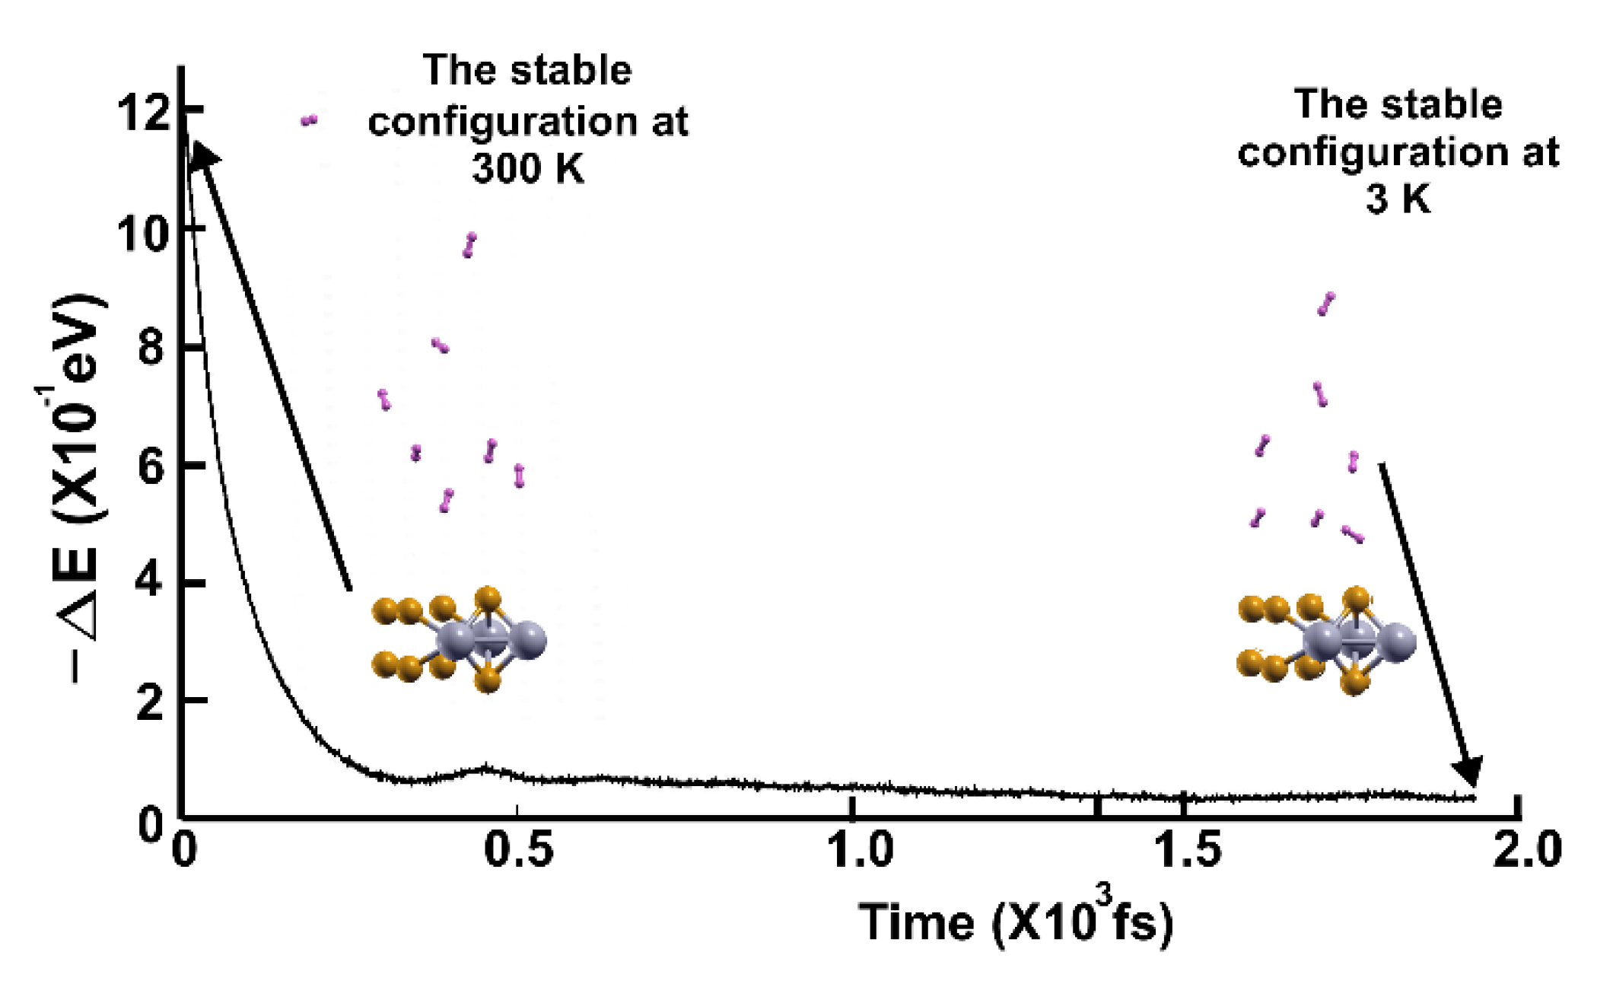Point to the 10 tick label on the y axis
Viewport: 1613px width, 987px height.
click(x=143, y=232)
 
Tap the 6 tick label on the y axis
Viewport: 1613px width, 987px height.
click(x=151, y=466)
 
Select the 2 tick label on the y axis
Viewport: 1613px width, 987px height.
click(x=151, y=702)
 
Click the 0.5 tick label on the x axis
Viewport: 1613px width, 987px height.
click(x=519, y=849)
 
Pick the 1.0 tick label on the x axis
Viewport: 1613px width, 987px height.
click(x=860, y=849)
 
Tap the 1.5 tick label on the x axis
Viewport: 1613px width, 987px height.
click(x=1188, y=849)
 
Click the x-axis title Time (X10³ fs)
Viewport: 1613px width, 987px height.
click(x=1016, y=920)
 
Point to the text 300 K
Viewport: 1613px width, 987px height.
click(x=527, y=168)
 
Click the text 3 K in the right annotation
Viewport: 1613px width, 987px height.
click(x=1398, y=199)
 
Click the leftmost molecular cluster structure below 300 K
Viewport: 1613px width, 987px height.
click(x=459, y=639)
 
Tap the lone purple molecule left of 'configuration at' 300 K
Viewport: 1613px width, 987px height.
click(x=308, y=120)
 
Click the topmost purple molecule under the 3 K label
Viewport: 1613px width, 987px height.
click(x=1326, y=304)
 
